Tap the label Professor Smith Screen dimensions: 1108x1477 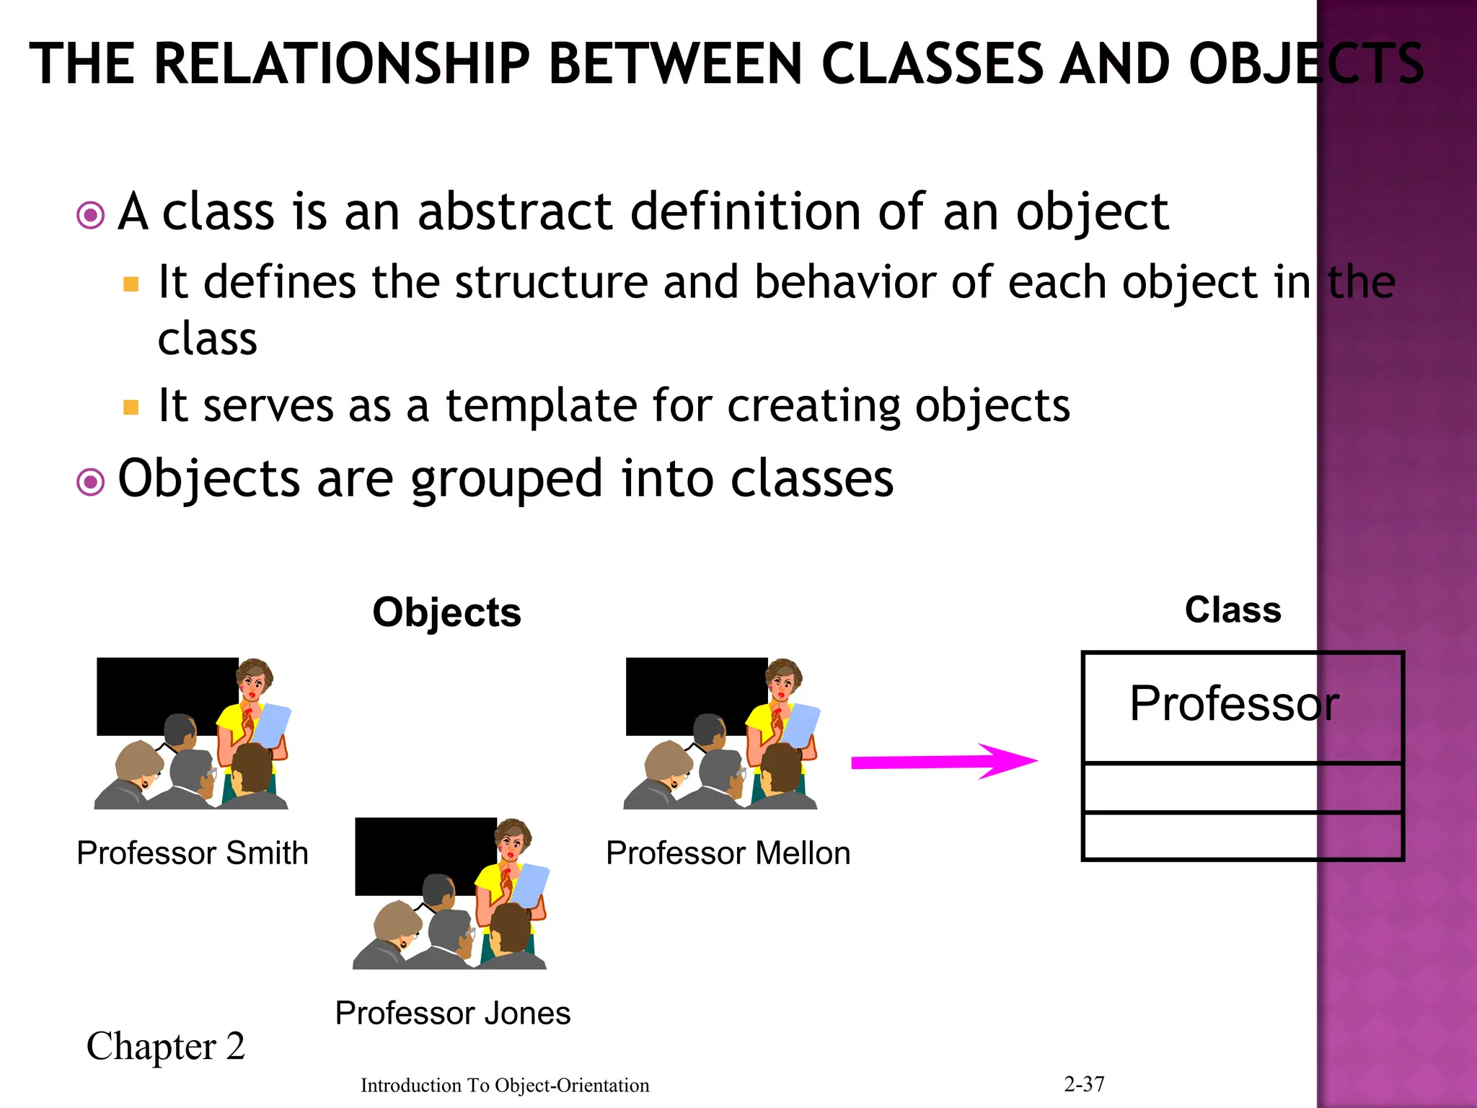(193, 853)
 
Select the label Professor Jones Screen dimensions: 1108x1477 (453, 1014)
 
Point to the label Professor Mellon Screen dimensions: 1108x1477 (728, 853)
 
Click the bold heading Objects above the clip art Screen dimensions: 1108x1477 (446, 612)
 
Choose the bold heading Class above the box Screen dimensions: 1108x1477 (1233, 610)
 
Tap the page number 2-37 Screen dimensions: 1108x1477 (1084, 1083)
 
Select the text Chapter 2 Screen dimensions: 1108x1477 (166, 1046)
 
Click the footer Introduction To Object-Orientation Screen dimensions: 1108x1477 (505, 1086)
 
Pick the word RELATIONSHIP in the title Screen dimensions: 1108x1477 (343, 65)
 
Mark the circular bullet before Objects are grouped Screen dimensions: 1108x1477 (91, 481)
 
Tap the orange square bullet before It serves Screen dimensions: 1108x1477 (131, 408)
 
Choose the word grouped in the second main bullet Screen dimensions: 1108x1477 (506, 479)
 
